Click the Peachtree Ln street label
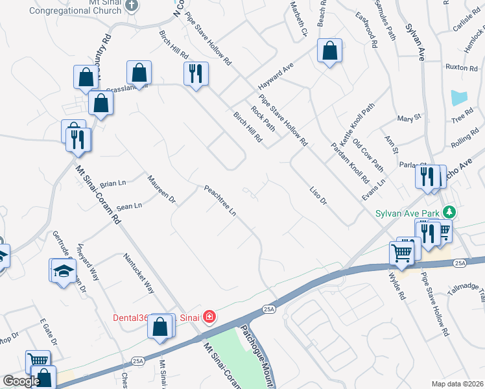click(220, 202)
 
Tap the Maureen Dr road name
click(161, 189)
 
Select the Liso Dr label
click(318, 196)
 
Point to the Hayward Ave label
click(276, 77)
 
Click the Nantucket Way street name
click(140, 272)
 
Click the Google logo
click(21, 381)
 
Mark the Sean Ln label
click(129, 207)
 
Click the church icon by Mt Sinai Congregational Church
click(132, 5)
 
